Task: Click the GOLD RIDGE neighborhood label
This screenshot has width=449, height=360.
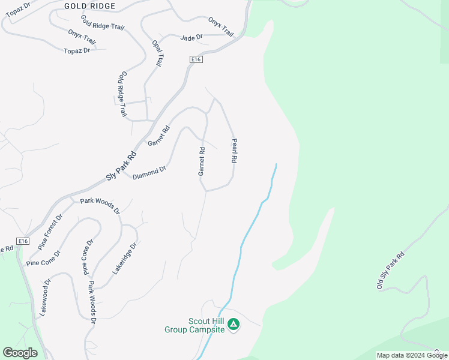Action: [89, 6]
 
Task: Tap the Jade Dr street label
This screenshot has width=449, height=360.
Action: [191, 37]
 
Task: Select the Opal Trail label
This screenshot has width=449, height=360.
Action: [158, 53]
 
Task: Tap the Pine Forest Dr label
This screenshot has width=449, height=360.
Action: [50, 232]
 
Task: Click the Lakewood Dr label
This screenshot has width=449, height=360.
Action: [44, 297]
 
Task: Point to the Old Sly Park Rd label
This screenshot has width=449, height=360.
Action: [391, 271]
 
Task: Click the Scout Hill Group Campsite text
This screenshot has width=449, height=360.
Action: [194, 325]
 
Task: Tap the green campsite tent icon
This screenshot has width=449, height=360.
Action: [234, 325]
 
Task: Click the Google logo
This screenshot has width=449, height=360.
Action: [20, 353]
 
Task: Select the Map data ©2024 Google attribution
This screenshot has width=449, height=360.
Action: [412, 356]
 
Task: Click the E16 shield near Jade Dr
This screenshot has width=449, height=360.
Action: [196, 59]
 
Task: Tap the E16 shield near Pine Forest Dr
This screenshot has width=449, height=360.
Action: [23, 241]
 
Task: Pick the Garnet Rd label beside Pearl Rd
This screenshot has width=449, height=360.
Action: [202, 161]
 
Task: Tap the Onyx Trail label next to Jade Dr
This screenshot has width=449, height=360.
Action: [220, 26]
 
